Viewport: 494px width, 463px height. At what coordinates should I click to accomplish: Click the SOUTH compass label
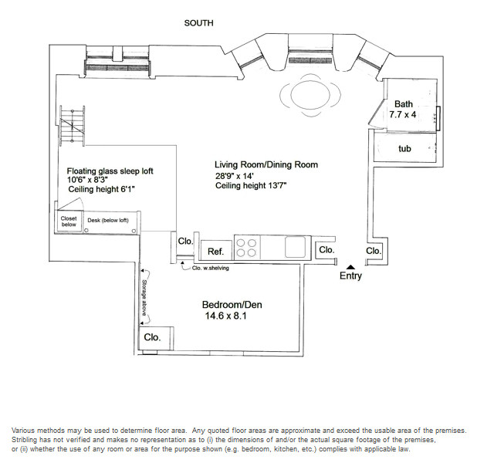(199, 23)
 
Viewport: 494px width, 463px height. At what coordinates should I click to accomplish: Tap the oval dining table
(310, 95)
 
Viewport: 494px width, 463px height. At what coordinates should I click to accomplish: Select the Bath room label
(404, 104)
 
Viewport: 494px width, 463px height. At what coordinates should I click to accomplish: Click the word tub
(404, 148)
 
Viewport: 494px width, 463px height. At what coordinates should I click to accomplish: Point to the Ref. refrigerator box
(216, 250)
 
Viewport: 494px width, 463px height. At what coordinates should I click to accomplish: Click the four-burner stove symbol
(246, 248)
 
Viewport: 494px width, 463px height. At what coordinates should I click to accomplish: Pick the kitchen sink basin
(295, 247)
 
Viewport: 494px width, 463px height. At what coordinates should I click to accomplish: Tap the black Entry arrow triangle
(350, 268)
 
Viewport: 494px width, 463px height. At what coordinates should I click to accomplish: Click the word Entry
(350, 276)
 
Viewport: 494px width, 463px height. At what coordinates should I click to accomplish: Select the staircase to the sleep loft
(73, 126)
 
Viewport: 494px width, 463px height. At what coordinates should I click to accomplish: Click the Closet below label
(69, 221)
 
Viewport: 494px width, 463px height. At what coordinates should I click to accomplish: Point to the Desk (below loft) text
(108, 221)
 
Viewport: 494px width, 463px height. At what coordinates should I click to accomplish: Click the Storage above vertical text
(144, 298)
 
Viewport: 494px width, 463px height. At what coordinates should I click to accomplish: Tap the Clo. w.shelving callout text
(211, 268)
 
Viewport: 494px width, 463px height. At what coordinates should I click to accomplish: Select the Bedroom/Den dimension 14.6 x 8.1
(226, 316)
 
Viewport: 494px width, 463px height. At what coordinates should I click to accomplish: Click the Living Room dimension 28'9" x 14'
(235, 175)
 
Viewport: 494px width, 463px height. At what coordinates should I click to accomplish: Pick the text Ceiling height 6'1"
(101, 189)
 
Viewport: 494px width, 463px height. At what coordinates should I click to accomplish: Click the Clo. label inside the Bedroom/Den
(153, 337)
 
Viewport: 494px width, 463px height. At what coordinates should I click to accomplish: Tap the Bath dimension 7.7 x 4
(403, 115)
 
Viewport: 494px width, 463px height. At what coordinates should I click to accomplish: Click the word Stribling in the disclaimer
(23, 440)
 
